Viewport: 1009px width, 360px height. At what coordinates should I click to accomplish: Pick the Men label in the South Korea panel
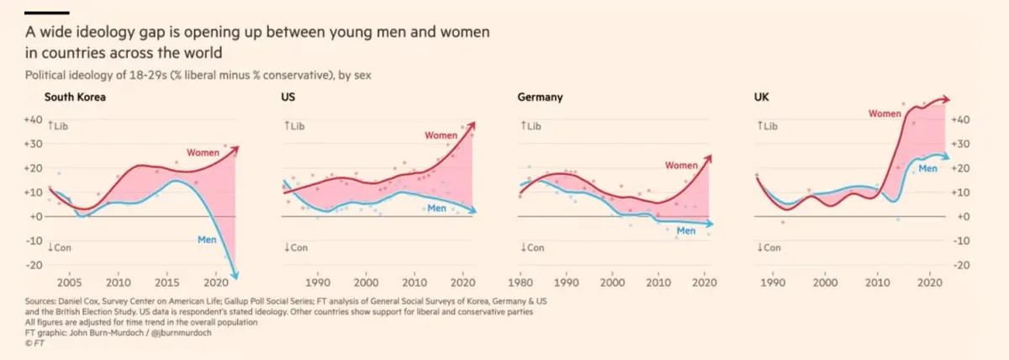(207, 239)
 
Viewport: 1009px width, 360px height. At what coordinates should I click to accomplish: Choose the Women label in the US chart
(441, 135)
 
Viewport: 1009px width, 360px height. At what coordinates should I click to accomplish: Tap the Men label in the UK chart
(927, 169)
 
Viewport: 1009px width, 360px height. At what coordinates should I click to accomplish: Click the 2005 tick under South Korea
(69, 283)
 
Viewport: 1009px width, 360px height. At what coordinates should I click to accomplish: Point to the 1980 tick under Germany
(521, 283)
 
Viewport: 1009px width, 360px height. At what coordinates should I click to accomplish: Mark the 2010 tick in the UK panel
(876, 283)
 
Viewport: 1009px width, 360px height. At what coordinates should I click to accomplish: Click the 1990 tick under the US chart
(318, 283)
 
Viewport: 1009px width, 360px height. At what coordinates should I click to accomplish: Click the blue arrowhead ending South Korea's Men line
(235, 270)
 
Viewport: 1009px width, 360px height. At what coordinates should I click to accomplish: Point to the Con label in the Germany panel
(533, 248)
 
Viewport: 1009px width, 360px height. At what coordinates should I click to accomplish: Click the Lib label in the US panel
(298, 126)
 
